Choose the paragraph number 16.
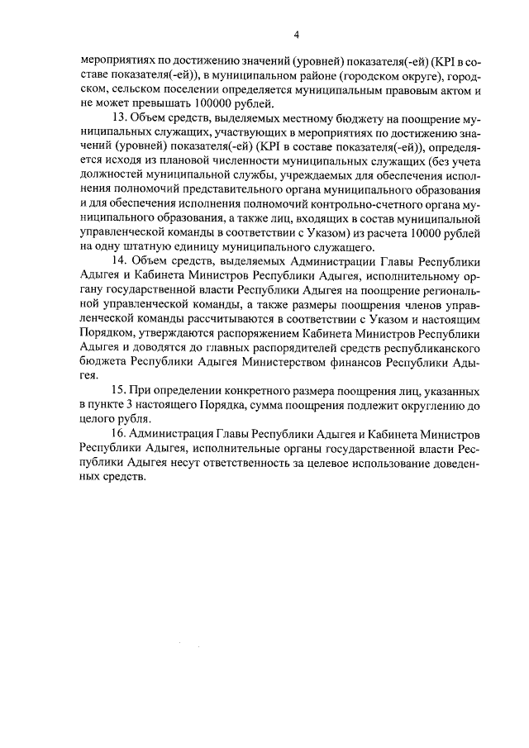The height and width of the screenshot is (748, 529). tap(117, 434)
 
